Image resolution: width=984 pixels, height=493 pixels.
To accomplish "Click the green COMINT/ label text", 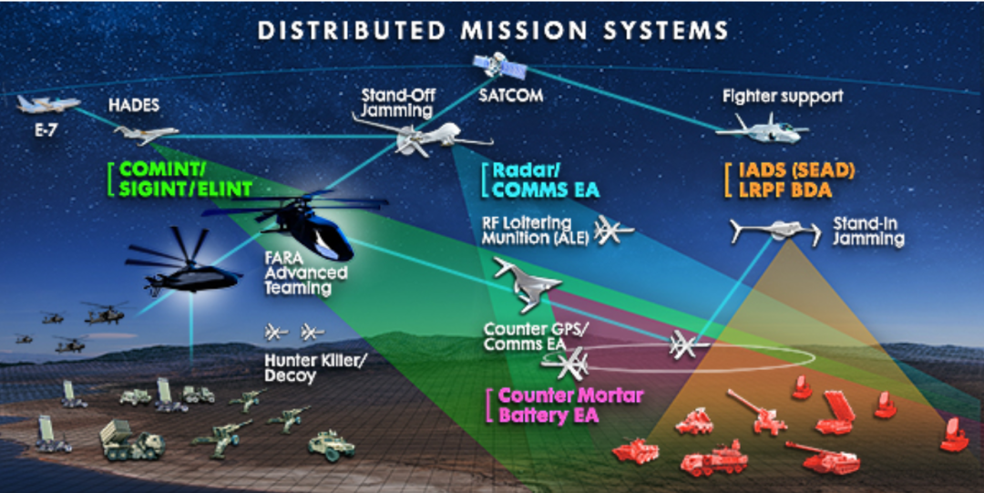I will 164,169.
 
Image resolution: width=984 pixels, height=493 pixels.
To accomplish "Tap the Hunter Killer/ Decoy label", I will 314,367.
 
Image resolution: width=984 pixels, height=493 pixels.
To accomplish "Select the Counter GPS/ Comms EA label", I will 524,337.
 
